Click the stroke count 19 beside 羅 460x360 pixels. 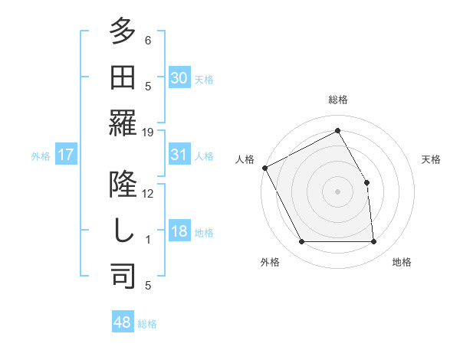tap(149, 133)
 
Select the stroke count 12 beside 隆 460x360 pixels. tap(149, 194)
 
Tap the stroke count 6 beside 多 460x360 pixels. tap(148, 41)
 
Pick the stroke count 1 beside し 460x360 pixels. tap(148, 240)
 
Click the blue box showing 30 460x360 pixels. tap(179, 77)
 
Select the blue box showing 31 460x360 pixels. tap(179, 155)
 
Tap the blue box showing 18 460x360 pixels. tap(179, 231)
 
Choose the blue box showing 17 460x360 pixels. tap(66, 155)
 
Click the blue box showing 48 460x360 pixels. tap(123, 322)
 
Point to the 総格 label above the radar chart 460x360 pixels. tap(337, 100)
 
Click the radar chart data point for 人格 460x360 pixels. tap(265, 168)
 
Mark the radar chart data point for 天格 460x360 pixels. tap(366, 182)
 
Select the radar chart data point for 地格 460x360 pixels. tap(373, 242)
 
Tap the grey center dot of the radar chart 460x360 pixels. tap(337, 191)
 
